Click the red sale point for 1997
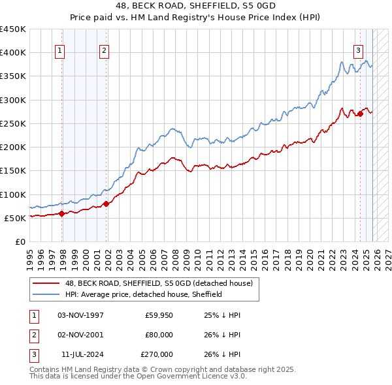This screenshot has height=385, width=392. click(x=61, y=213)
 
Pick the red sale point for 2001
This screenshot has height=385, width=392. click(x=107, y=204)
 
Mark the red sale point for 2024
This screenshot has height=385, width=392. click(x=360, y=114)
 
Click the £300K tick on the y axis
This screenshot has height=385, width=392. click(x=12, y=100)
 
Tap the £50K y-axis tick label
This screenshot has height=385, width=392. click(x=14, y=218)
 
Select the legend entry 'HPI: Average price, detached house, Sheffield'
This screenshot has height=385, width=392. click(x=143, y=294)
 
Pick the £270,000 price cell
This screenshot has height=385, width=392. click(x=157, y=354)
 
